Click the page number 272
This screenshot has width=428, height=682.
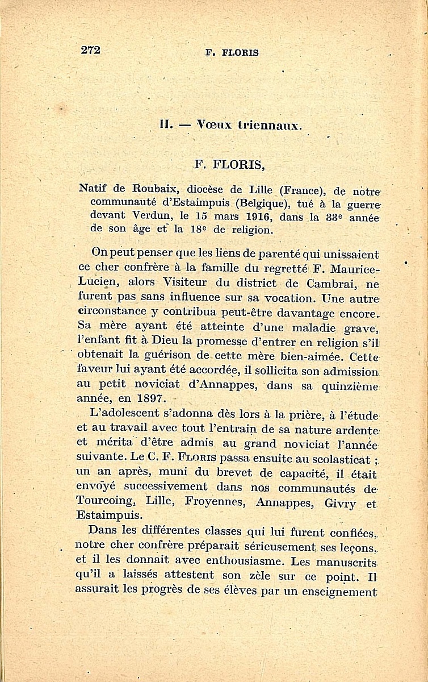click(x=90, y=49)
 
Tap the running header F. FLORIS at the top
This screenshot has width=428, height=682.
click(x=232, y=53)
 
